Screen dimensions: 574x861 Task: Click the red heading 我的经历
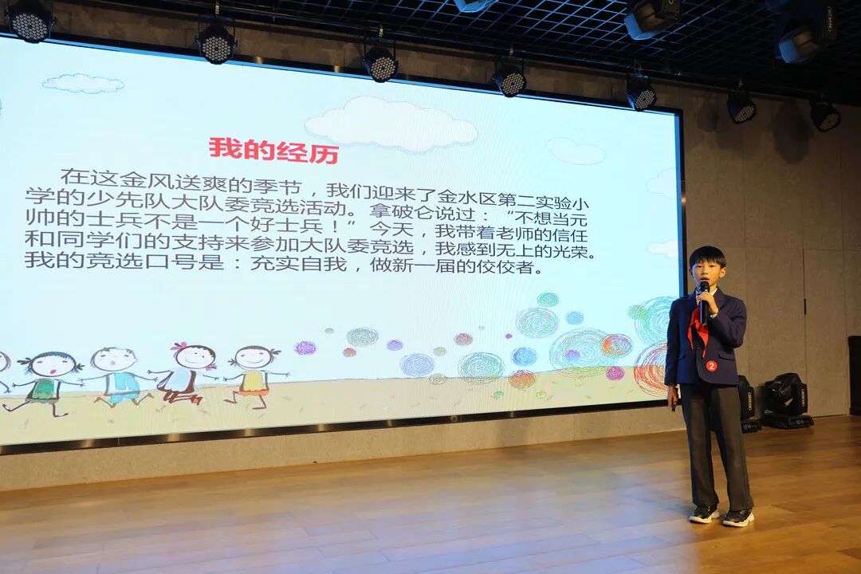click(273, 150)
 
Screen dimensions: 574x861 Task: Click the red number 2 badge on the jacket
click(712, 365)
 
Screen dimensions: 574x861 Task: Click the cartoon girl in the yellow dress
click(253, 375)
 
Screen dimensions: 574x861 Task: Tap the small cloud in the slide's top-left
click(83, 84)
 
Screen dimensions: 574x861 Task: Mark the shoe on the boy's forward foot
click(737, 517)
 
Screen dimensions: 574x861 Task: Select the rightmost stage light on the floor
click(786, 401)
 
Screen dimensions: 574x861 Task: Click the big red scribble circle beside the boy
click(652, 369)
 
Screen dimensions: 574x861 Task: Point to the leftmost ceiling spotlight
click(29, 22)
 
